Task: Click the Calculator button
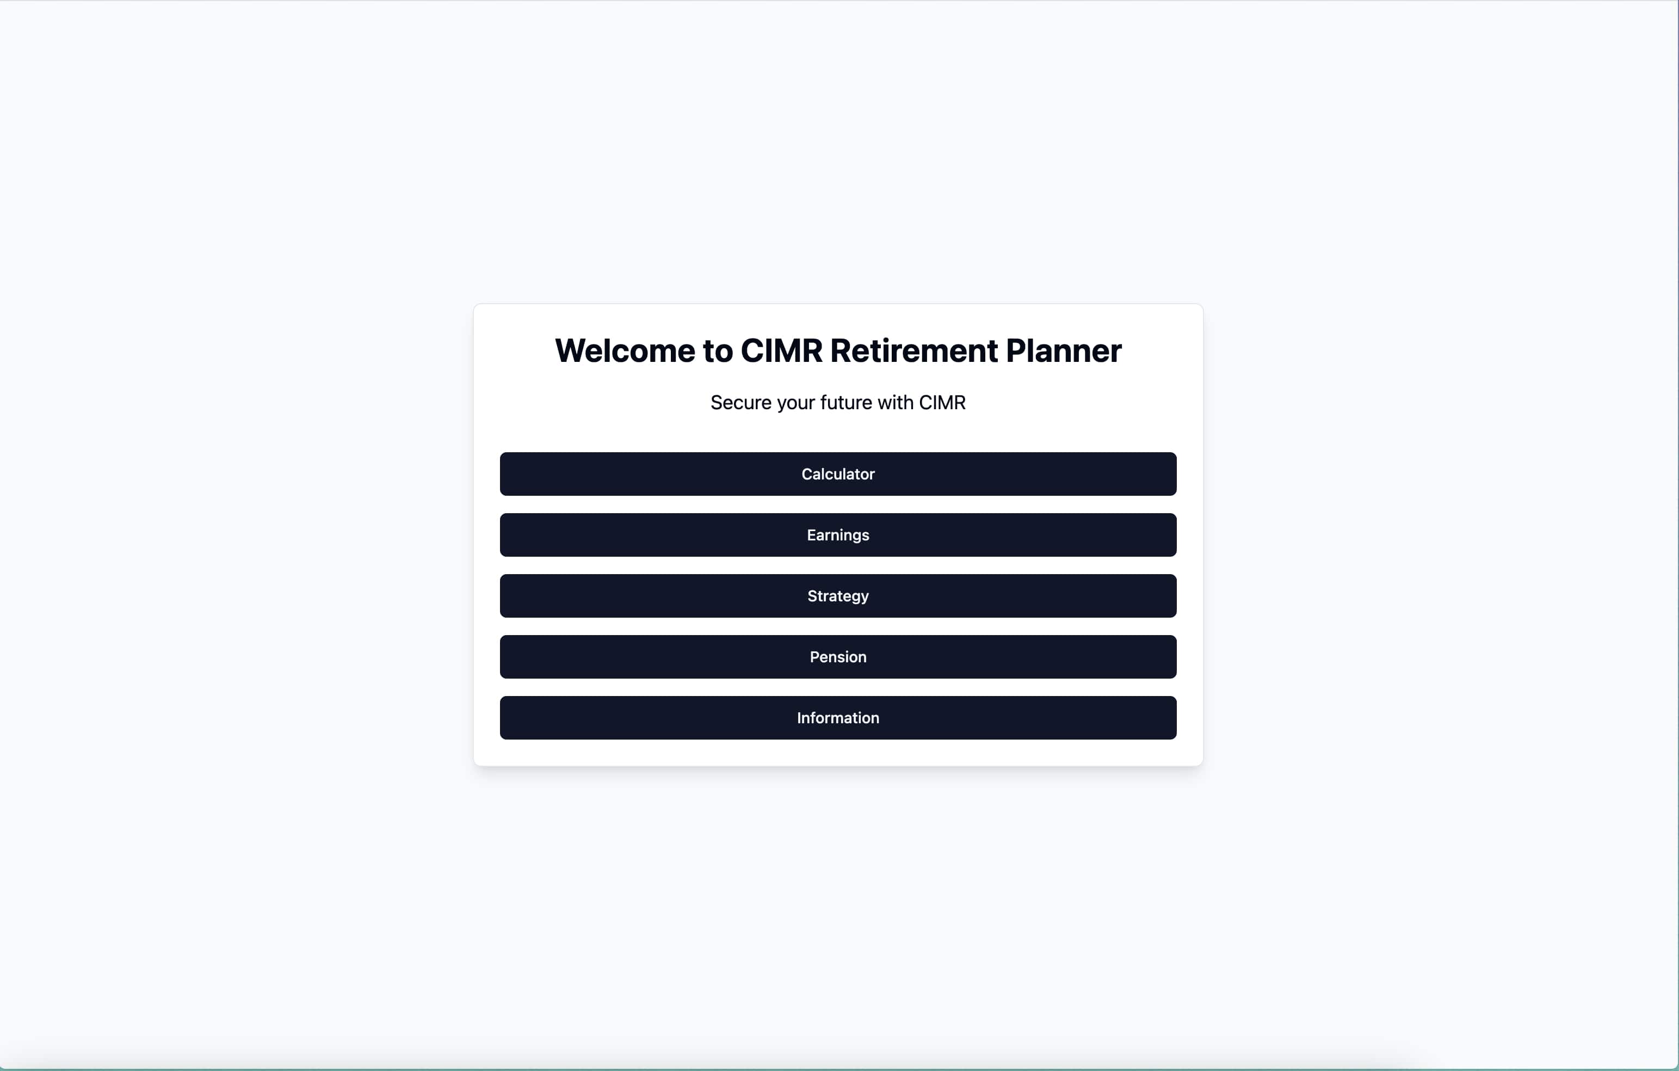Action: [x=838, y=474]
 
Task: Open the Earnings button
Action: [x=838, y=535]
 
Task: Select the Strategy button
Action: [x=838, y=596]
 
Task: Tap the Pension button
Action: [x=838, y=657]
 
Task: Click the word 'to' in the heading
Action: [x=718, y=350]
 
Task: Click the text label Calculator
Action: [x=838, y=474]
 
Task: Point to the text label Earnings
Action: [x=838, y=535]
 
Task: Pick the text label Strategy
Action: [x=838, y=596]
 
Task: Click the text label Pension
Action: [x=838, y=657]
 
